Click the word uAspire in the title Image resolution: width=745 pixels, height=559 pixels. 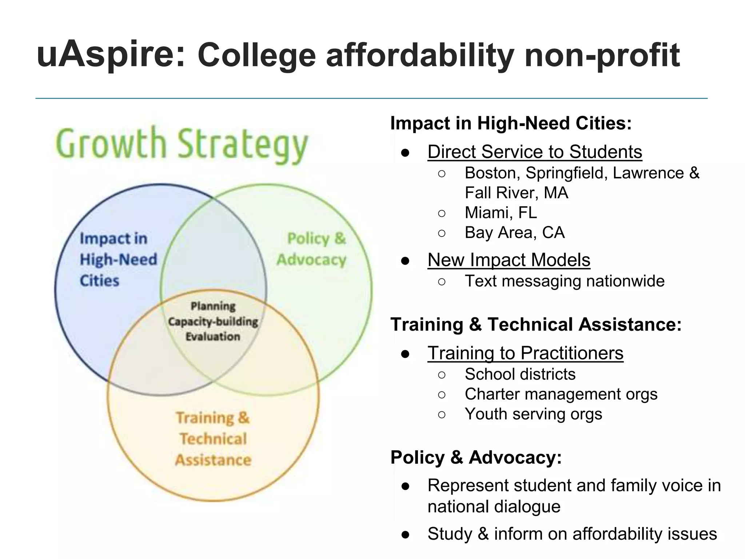coord(111,55)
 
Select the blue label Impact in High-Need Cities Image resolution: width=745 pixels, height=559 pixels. coord(118,259)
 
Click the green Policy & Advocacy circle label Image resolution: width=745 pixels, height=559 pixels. coord(312,249)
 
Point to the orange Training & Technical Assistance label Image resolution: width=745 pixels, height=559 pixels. coord(213,439)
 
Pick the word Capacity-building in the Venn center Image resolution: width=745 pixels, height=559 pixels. coord(213,322)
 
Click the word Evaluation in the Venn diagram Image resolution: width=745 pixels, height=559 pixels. coord(213,337)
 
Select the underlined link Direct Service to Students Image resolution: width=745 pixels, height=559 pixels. coord(535,152)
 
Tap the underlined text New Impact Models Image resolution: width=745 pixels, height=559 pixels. coord(509,260)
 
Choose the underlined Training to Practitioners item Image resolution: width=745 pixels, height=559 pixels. coord(525,353)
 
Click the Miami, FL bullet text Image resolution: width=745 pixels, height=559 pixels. coord(501,213)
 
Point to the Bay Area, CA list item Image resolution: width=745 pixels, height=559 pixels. coord(514,233)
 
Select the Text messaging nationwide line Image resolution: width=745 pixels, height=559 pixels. coord(564,281)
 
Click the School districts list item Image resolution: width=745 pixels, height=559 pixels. coord(520,374)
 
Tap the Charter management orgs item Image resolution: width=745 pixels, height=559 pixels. coord(561,394)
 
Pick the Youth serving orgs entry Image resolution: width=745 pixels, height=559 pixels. coord(533,414)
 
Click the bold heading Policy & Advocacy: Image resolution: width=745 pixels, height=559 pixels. coord(476,457)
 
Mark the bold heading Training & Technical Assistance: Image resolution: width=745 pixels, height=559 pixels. coord(536,324)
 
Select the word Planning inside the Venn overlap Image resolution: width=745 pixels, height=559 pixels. coord(213,306)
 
